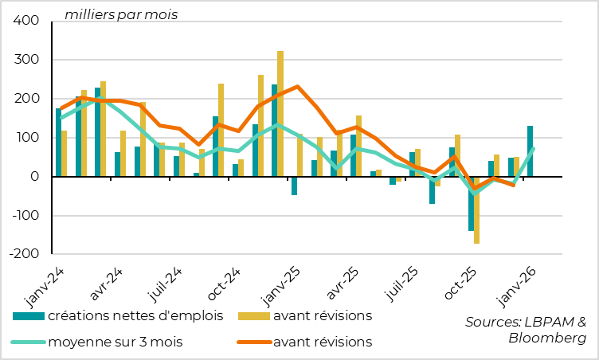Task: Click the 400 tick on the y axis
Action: point(27,22)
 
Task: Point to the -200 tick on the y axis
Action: point(24,255)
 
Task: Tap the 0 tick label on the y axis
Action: point(36,177)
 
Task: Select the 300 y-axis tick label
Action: point(27,61)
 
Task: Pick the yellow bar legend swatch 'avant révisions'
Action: point(253,316)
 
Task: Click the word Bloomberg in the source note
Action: point(547,338)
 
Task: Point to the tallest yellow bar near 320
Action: point(280,114)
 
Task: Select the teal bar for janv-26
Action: point(530,151)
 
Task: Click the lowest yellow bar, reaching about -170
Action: point(477,209)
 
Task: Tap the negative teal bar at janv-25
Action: point(294,186)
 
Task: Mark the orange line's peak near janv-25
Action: point(297,86)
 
